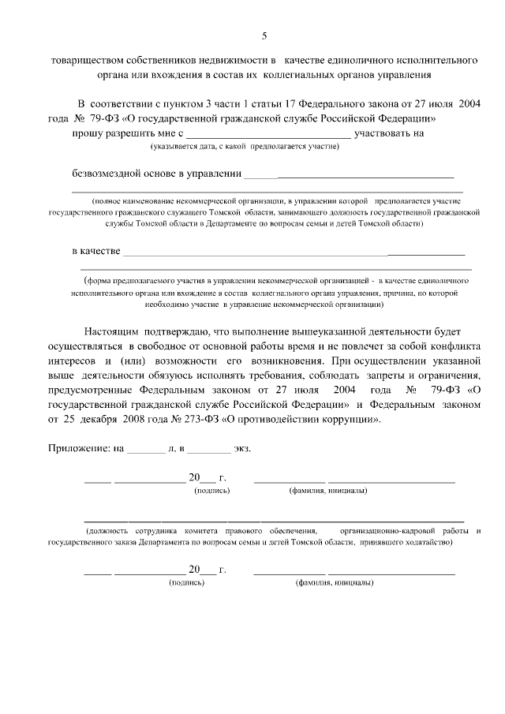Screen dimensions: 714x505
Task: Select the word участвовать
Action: (384, 133)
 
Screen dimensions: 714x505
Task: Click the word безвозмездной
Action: (111, 173)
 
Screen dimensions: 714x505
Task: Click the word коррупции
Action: (348, 419)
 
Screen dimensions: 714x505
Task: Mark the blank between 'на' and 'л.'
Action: (146, 450)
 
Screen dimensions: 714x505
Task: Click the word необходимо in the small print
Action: (171, 304)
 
